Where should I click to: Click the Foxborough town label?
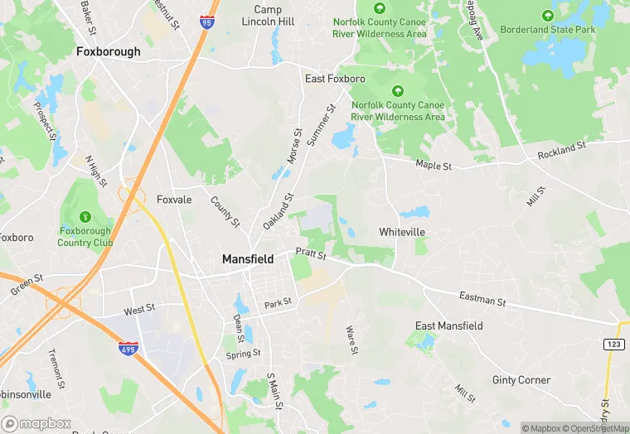coord(108,51)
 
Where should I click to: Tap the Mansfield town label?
coord(248,259)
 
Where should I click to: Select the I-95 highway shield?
coord(206,21)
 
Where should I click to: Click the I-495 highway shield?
coord(128,349)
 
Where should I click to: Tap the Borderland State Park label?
coord(548,30)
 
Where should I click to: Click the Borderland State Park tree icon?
coord(547,15)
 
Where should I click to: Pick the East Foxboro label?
coord(335,79)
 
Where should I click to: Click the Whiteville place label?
coord(403,232)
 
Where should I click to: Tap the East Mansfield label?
coord(448,326)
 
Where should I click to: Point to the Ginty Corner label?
coord(521,380)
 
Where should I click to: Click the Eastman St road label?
coord(482,298)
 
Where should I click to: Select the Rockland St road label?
coord(561,150)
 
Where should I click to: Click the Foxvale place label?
coord(174,200)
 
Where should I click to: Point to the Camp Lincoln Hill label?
coord(274,15)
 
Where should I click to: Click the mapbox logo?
coord(40,422)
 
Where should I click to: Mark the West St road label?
coord(139,310)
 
